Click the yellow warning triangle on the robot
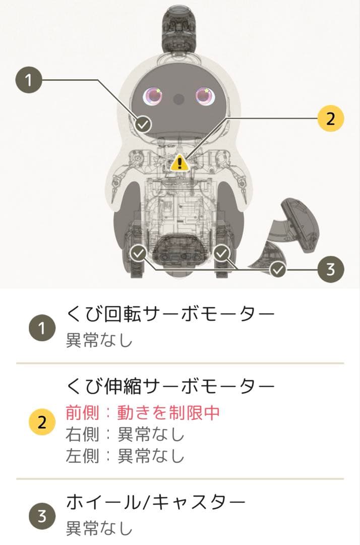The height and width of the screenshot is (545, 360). click(179, 162)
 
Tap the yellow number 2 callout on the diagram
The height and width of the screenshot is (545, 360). click(330, 119)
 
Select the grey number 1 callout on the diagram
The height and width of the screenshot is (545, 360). click(29, 81)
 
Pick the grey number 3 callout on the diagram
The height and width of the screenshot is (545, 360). click(330, 269)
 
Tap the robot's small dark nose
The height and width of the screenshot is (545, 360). click(179, 99)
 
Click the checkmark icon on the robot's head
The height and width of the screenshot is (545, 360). click(144, 123)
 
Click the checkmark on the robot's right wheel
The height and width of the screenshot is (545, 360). click(222, 253)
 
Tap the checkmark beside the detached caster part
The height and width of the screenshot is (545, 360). click(277, 270)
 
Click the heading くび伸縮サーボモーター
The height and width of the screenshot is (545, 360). click(170, 387)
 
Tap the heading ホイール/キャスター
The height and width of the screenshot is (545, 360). click(156, 502)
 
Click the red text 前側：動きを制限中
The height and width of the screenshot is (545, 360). click(143, 413)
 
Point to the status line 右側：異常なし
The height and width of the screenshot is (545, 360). click(125, 434)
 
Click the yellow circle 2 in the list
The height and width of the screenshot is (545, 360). click(42, 423)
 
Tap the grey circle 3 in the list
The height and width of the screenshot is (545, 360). click(42, 516)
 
